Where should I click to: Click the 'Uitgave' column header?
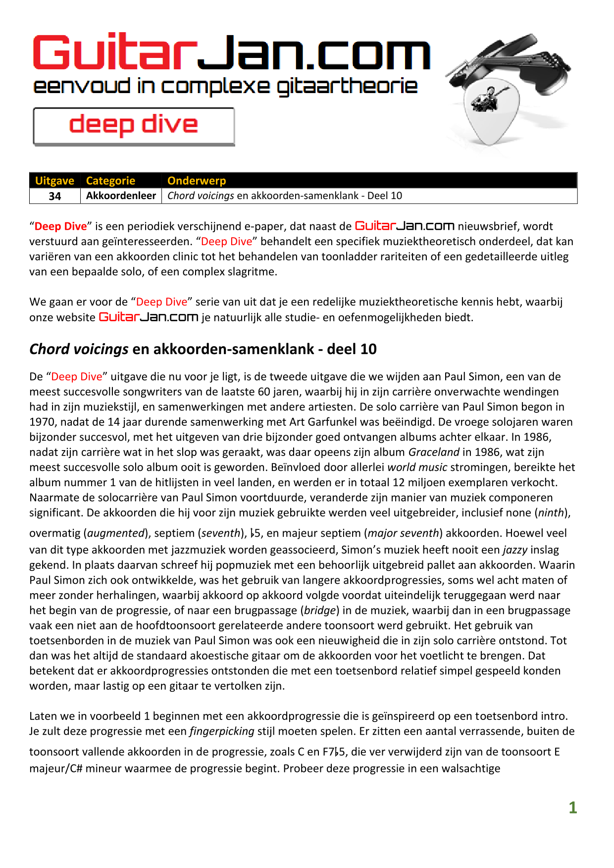coord(54,181)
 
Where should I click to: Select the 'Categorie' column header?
coord(110,181)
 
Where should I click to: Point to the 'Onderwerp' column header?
coord(197,181)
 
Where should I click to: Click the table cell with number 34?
coord(55,196)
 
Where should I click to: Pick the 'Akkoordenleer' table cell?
coord(121,196)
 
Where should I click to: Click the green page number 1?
coord(573,808)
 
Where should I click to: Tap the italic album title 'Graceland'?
coord(434,452)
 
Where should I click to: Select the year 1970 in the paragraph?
coord(42,422)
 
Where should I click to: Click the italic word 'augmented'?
coord(116,533)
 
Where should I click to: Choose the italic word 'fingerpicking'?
coord(222,731)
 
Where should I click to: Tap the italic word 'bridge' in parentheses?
coord(319,611)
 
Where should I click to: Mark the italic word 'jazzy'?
coord(515,550)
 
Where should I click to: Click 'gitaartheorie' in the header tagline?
coord(347,87)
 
